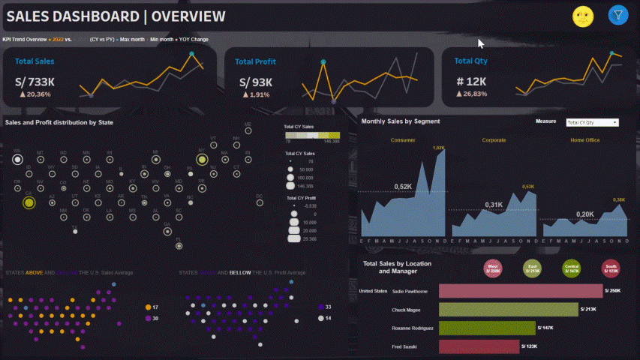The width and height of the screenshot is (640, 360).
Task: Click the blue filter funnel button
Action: [x=617, y=15]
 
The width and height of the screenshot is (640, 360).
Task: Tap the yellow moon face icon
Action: [x=583, y=16]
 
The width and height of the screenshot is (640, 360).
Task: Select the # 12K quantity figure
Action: [x=471, y=81]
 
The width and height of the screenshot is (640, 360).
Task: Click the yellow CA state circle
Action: [x=29, y=202]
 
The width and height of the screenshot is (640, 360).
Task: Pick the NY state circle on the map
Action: [x=202, y=159]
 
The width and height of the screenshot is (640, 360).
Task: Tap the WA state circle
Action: [x=17, y=159]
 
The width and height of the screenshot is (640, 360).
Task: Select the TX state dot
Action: [x=74, y=231]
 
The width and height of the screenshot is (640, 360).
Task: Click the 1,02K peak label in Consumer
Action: [x=438, y=148]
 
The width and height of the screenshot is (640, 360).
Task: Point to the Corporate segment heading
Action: [x=493, y=139]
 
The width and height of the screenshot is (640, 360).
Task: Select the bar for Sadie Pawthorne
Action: [x=520, y=290]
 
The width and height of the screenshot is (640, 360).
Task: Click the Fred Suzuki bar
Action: [x=478, y=346]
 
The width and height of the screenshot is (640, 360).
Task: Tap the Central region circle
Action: [x=572, y=268]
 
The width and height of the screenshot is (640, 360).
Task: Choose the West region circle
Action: [x=493, y=268]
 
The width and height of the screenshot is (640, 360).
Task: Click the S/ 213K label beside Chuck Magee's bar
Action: [x=589, y=308]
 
